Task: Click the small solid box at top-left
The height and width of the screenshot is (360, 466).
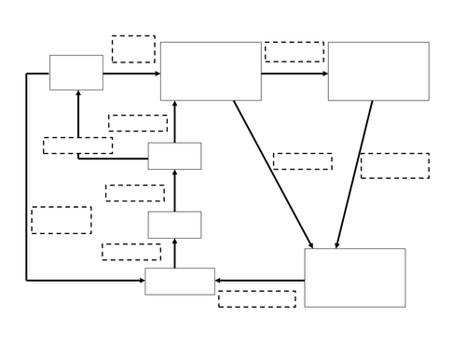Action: tap(76, 72)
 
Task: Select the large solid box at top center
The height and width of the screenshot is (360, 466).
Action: tap(211, 71)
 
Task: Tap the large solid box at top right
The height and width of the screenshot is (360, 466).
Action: tap(378, 71)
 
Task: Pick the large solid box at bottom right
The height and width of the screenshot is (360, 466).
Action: tap(355, 277)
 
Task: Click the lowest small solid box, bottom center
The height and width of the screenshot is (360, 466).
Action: tap(180, 281)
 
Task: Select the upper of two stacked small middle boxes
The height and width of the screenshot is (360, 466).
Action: tap(174, 156)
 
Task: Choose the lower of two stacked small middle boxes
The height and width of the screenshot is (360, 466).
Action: tap(174, 225)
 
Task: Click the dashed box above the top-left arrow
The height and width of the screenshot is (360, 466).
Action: tap(133, 48)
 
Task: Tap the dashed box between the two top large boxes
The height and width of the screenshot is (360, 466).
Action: tap(295, 51)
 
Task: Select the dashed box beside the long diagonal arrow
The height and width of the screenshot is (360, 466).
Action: tap(303, 161)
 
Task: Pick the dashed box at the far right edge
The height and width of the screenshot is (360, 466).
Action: tap(395, 165)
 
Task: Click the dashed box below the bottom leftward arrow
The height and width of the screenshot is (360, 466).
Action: tap(257, 298)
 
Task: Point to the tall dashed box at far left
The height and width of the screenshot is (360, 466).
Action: tap(62, 220)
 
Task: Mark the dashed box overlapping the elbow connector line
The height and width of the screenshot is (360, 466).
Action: tap(78, 145)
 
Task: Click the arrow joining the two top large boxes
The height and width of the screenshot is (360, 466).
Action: tap(295, 73)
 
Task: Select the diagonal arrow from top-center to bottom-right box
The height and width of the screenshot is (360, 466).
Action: tap(273, 174)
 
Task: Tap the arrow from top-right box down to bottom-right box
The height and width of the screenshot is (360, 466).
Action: tap(354, 174)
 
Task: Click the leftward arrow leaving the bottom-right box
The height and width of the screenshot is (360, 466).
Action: tap(260, 280)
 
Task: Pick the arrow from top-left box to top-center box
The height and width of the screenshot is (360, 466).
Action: tap(131, 73)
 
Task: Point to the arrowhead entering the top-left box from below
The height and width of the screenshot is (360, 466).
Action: tap(78, 94)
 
